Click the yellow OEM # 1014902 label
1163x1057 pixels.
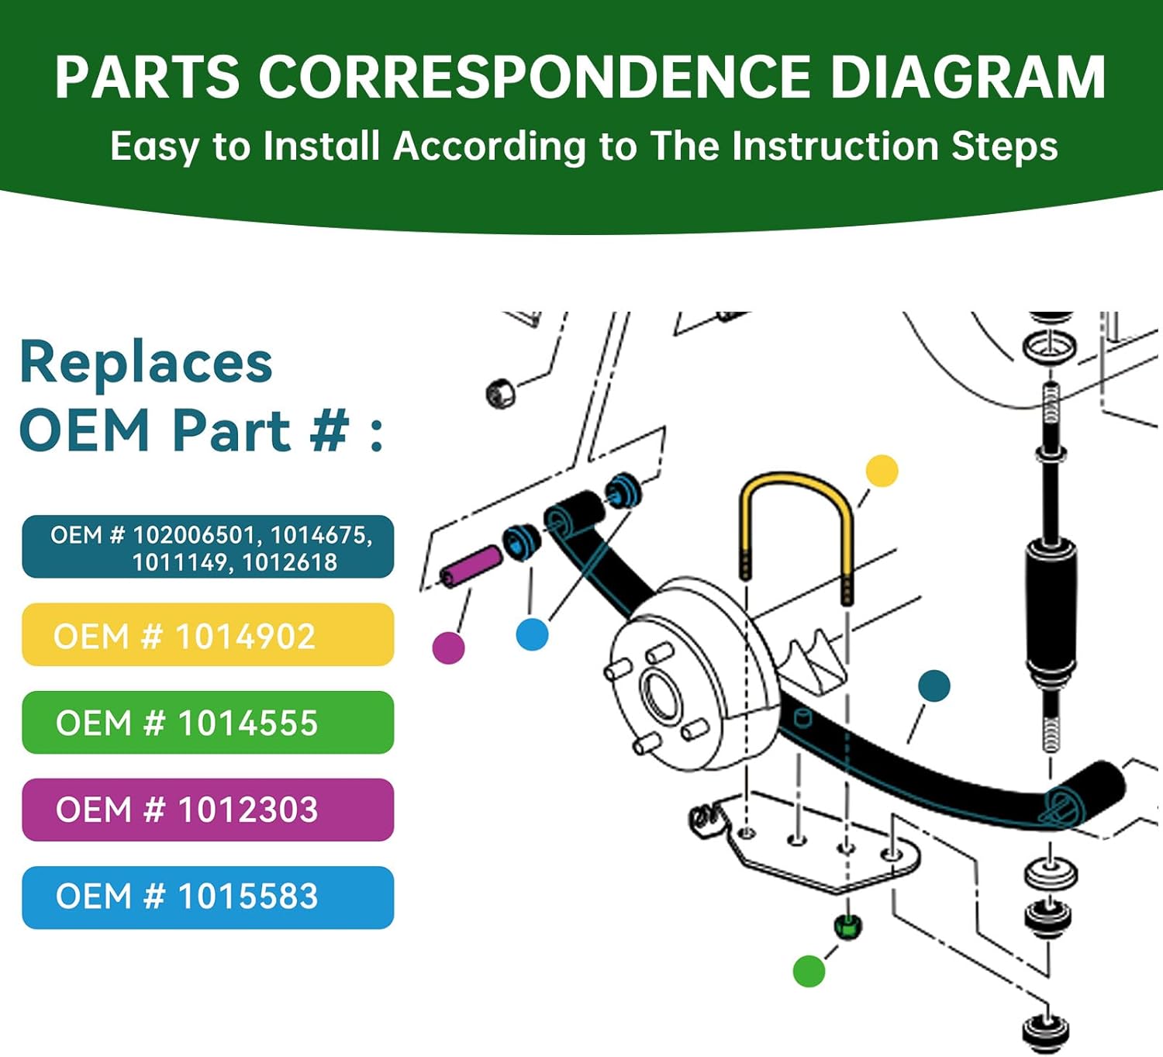point(208,635)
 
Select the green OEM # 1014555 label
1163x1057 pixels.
point(208,723)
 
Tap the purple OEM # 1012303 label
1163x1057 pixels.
point(208,810)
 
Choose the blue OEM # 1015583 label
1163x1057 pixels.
point(208,897)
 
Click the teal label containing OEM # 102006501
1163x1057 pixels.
point(208,547)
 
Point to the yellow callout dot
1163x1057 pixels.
point(882,472)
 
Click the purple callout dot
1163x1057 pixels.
point(448,648)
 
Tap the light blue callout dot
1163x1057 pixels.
point(532,634)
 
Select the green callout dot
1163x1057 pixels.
point(809,971)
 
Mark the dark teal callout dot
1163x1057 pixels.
point(934,686)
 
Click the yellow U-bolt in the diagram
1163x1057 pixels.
point(796,489)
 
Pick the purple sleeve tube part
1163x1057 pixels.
point(471,566)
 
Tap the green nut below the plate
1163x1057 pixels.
point(847,926)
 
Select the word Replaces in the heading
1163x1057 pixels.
point(147,363)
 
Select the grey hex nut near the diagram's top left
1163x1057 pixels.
point(500,394)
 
